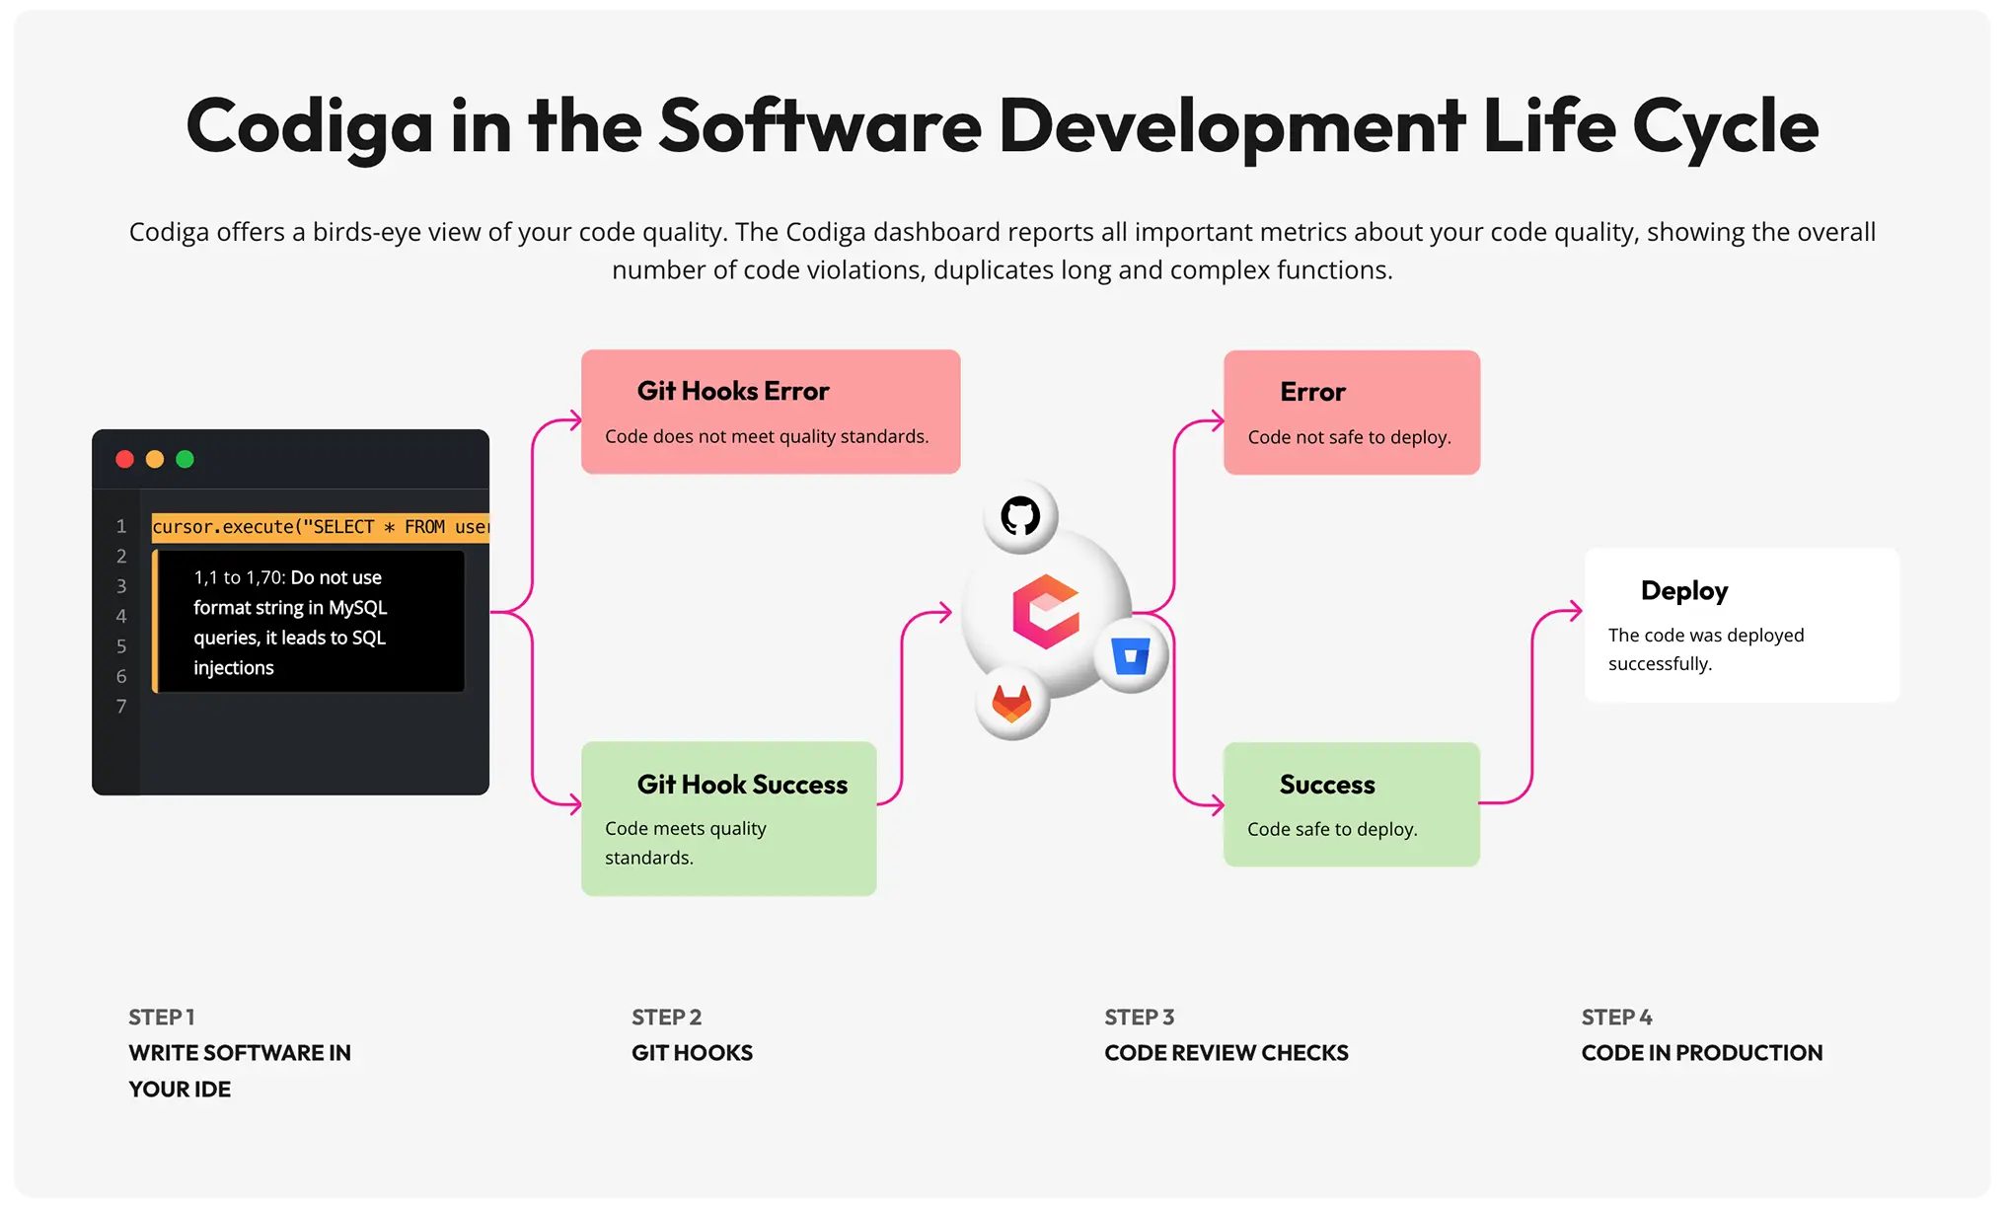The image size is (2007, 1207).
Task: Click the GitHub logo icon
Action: tap(1020, 516)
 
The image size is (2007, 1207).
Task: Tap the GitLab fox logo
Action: tap(1011, 704)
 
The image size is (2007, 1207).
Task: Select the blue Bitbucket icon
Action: tap(1131, 656)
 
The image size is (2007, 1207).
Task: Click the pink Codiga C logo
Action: tap(1046, 612)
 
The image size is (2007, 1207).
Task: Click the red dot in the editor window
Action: tap(124, 459)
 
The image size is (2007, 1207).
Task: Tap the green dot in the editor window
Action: tap(185, 459)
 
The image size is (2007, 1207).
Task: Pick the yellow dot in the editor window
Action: tap(155, 459)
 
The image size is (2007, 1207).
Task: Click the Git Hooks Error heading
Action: tap(732, 391)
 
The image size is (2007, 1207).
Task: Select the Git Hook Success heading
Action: tap(742, 785)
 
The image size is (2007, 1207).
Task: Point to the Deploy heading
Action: tap(1684, 591)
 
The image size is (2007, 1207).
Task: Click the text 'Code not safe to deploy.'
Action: tap(1349, 437)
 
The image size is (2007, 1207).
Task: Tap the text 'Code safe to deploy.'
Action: tap(1332, 829)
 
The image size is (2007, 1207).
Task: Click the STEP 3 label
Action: tap(1139, 1018)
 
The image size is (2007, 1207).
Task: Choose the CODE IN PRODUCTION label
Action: tap(1701, 1053)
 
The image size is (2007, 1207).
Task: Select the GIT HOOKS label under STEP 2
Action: tap(692, 1053)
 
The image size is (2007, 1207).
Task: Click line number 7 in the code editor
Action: tap(121, 707)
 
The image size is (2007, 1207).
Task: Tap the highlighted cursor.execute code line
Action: tap(320, 527)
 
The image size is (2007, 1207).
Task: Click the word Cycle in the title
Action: tap(1725, 126)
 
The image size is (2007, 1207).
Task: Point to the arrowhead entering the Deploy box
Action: tap(1576, 611)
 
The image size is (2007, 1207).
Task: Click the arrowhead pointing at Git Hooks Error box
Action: tap(574, 421)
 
